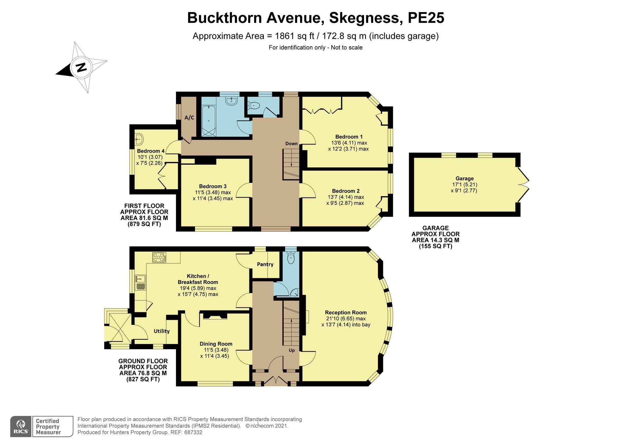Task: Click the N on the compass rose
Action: [x=82, y=67]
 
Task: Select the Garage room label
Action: [x=465, y=178]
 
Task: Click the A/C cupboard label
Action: [x=189, y=118]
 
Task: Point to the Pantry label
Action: [x=265, y=264]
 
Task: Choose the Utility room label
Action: [x=162, y=331]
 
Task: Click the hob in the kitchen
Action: [x=159, y=257]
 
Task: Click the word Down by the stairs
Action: [x=291, y=144]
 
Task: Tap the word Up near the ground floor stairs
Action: [x=291, y=350]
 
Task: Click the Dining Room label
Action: [x=216, y=344]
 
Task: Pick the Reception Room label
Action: [x=346, y=312]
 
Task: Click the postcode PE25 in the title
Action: [x=426, y=18]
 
